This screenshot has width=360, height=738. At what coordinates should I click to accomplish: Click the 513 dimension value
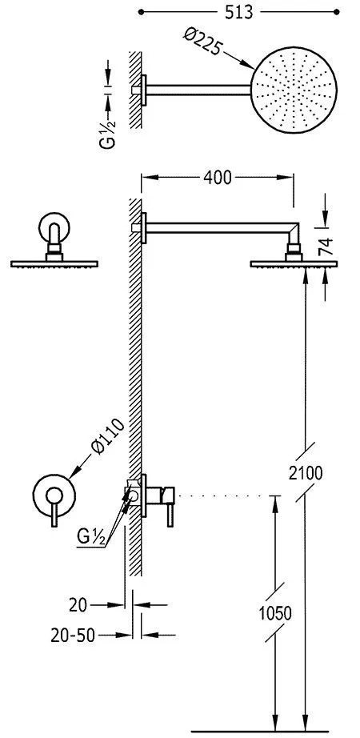(238, 12)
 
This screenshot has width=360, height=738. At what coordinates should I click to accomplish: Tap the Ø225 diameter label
(203, 41)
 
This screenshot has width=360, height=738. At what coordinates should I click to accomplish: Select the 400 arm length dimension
(218, 178)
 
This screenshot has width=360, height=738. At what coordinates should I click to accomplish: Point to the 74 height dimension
(326, 247)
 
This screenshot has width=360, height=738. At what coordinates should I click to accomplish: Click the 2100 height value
(306, 473)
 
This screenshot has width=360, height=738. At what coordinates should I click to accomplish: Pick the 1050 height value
(275, 613)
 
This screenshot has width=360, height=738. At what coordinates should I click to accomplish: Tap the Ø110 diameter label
(108, 435)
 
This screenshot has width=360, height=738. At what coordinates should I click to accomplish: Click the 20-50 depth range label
(73, 636)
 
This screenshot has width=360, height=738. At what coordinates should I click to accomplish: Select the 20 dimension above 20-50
(78, 605)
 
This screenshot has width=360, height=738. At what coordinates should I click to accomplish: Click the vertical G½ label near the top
(107, 122)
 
